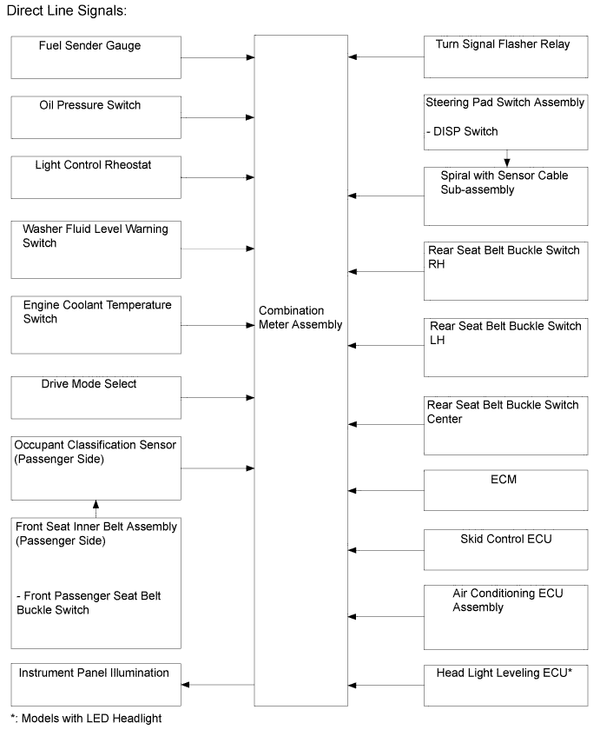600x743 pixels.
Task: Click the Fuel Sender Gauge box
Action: pos(96,57)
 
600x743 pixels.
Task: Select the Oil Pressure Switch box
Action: pos(96,117)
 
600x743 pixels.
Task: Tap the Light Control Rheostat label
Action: pos(93,165)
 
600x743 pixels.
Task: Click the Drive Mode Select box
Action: pos(96,397)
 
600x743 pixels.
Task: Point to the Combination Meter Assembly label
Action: pos(300,317)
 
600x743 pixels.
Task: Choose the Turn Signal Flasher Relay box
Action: pos(505,56)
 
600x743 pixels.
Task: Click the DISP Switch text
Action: pos(462,131)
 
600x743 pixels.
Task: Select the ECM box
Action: pos(505,490)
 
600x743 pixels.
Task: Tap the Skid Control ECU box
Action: pos(505,550)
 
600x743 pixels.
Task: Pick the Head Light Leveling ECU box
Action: pos(505,685)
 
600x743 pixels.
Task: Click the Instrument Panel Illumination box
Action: pos(96,684)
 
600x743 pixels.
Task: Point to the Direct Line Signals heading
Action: pos(67,11)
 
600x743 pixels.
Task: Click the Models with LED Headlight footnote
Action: pos(86,719)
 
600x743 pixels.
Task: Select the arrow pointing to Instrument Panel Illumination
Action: pos(218,684)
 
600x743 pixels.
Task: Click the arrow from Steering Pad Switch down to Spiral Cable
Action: pos(507,158)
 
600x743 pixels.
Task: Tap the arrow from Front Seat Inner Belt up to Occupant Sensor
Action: pos(96,509)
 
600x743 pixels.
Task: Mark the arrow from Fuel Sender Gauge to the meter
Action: pos(218,58)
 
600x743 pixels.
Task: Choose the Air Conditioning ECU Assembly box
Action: pos(505,617)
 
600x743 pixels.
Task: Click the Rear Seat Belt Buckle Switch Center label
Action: pos(503,412)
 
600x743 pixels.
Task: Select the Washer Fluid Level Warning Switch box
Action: pos(96,249)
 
